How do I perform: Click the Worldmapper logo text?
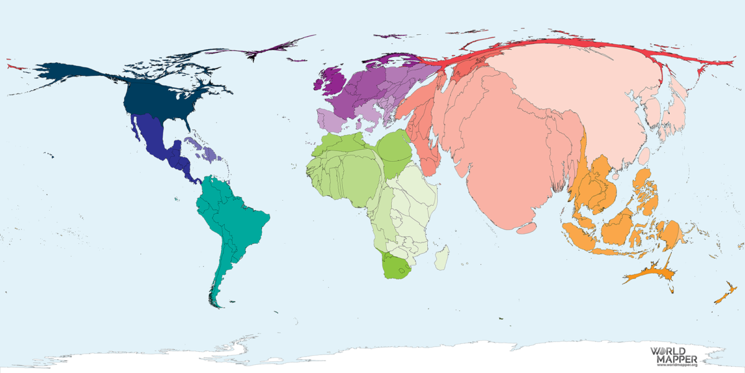coord(674,356)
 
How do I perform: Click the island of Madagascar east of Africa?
coord(441,257)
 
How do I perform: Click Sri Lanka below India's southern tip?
coord(526,228)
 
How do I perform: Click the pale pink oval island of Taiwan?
coord(644,155)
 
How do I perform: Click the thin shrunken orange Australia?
coord(652,274)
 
